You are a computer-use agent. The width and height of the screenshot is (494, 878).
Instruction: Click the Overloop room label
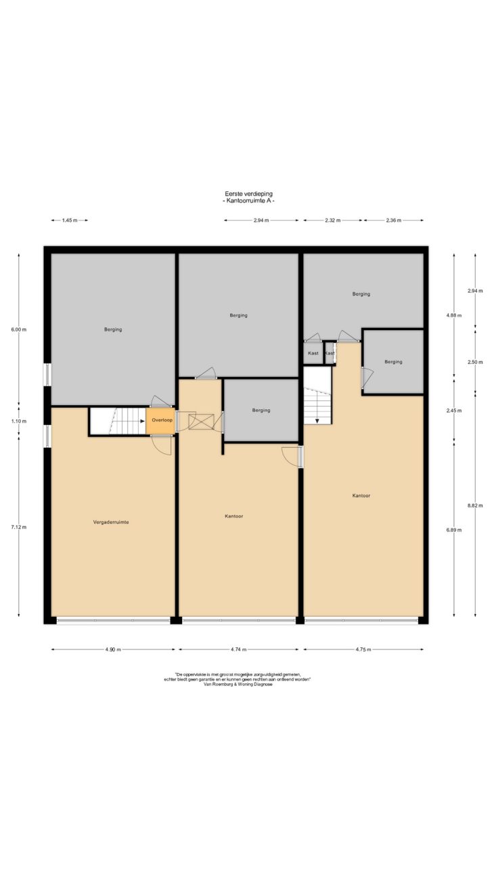click(162, 420)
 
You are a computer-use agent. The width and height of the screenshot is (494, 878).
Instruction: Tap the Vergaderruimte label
click(111, 522)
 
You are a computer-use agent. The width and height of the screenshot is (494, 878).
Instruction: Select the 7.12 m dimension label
click(19, 527)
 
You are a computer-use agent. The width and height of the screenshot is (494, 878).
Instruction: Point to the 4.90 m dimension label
click(113, 649)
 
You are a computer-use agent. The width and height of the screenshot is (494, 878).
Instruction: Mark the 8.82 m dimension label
click(475, 506)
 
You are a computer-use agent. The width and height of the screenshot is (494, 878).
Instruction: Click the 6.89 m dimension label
click(453, 530)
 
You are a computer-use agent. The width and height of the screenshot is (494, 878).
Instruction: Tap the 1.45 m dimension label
click(70, 221)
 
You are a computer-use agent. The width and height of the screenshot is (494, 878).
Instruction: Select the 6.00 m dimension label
click(19, 329)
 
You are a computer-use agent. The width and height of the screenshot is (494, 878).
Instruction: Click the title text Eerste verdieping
click(248, 193)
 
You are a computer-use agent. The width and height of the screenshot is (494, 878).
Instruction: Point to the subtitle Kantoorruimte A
click(248, 201)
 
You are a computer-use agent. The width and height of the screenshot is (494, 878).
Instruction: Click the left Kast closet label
click(313, 353)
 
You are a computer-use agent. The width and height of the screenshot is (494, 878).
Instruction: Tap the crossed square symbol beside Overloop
click(202, 422)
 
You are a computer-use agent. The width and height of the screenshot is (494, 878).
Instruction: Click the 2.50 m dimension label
click(475, 362)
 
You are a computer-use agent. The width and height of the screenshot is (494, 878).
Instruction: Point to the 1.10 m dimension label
click(19, 421)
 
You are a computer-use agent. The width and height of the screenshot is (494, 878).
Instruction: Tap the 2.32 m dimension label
click(333, 221)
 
